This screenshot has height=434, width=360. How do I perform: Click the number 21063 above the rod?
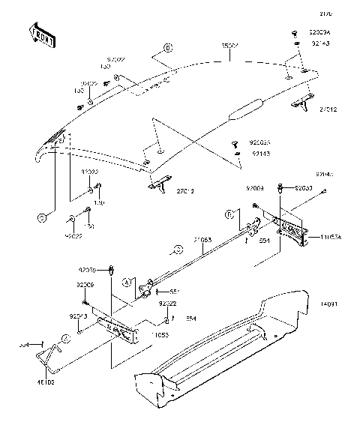tap(203, 240)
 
